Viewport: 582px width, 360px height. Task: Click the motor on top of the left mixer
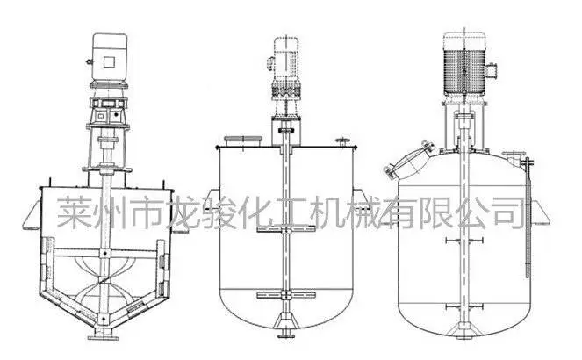(x=109, y=60)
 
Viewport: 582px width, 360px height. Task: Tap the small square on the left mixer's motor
(x=109, y=61)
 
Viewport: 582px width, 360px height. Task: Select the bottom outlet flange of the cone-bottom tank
(x=104, y=337)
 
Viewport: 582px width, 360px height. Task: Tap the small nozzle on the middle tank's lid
(x=342, y=142)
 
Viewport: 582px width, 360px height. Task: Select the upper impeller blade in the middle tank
(x=286, y=229)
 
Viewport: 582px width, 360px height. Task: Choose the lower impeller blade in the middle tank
(x=286, y=295)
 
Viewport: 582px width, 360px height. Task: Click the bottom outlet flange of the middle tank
(x=286, y=335)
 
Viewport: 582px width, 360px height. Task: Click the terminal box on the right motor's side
(x=491, y=71)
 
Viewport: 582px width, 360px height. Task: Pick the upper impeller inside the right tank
(x=464, y=241)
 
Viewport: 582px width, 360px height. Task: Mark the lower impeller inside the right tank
(x=464, y=307)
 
